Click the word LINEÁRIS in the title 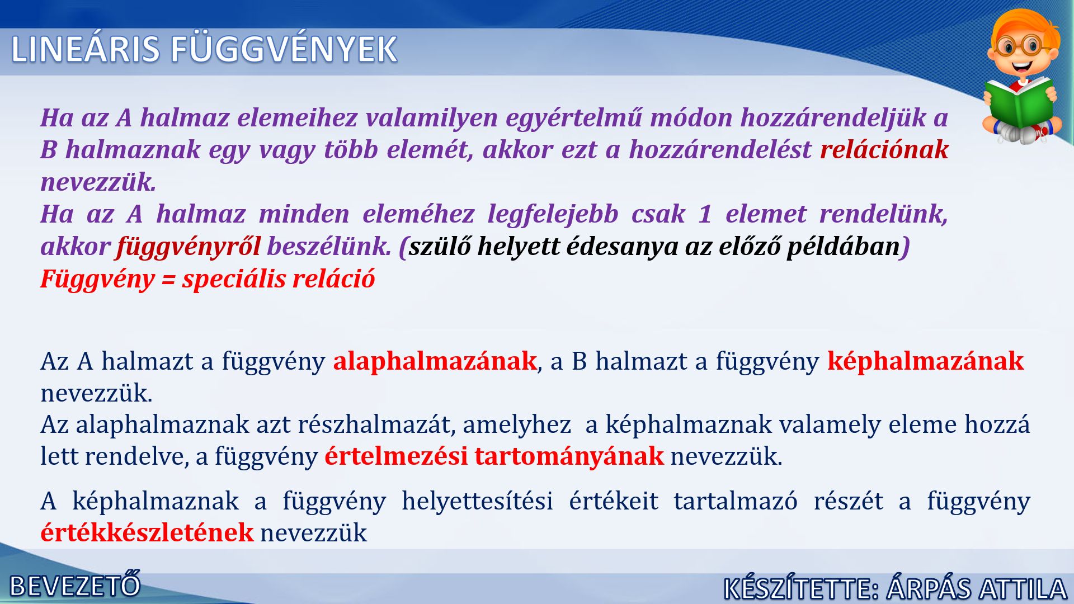[86, 49]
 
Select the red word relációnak [884, 149]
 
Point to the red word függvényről [189, 247]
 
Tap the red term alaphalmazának [435, 361]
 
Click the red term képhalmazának [925, 361]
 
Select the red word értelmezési [396, 456]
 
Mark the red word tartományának [569, 457]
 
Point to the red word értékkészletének [147, 532]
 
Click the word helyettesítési [477, 501]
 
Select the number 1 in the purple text [705, 214]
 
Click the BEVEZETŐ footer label [76, 585]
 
